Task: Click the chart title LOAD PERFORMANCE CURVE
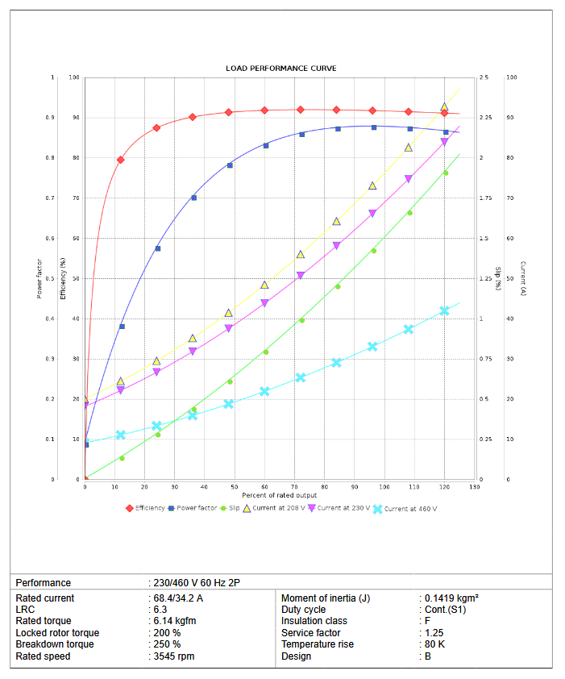click(x=281, y=69)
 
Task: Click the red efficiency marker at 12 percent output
click(x=121, y=160)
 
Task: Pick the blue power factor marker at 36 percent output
click(x=193, y=198)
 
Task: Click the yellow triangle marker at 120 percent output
click(x=444, y=106)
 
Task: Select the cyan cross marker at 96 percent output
click(x=372, y=347)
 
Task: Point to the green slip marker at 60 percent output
click(x=265, y=352)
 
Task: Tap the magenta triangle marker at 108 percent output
click(x=409, y=179)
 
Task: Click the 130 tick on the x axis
click(x=475, y=487)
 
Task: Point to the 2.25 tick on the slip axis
click(x=484, y=118)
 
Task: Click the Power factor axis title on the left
click(x=39, y=278)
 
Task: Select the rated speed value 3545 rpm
click(x=173, y=656)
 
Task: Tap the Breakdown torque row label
click(x=55, y=644)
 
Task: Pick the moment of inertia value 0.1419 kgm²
click(x=451, y=598)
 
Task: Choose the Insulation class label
click(x=314, y=621)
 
